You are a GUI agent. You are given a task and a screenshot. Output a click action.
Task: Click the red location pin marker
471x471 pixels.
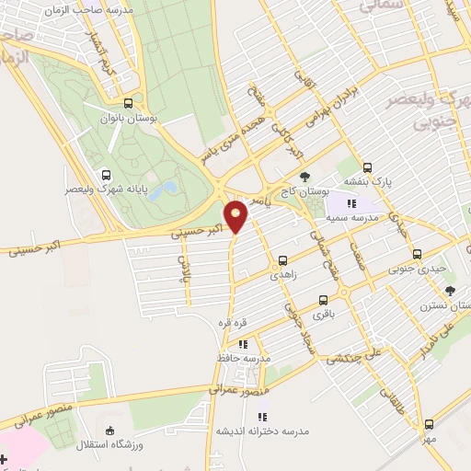click(x=237, y=217)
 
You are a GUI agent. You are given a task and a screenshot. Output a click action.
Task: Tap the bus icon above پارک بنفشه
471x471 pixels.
click(x=368, y=167)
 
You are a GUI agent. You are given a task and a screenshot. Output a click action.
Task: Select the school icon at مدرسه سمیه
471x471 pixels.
click(x=351, y=202)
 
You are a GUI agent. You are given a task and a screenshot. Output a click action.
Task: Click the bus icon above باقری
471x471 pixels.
click(x=323, y=300)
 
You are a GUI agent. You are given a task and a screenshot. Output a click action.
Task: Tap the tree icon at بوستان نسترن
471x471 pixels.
click(x=450, y=291)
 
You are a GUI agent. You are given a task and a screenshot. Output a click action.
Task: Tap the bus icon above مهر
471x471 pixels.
click(x=429, y=424)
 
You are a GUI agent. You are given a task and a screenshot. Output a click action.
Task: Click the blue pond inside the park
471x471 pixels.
click(x=164, y=190)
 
